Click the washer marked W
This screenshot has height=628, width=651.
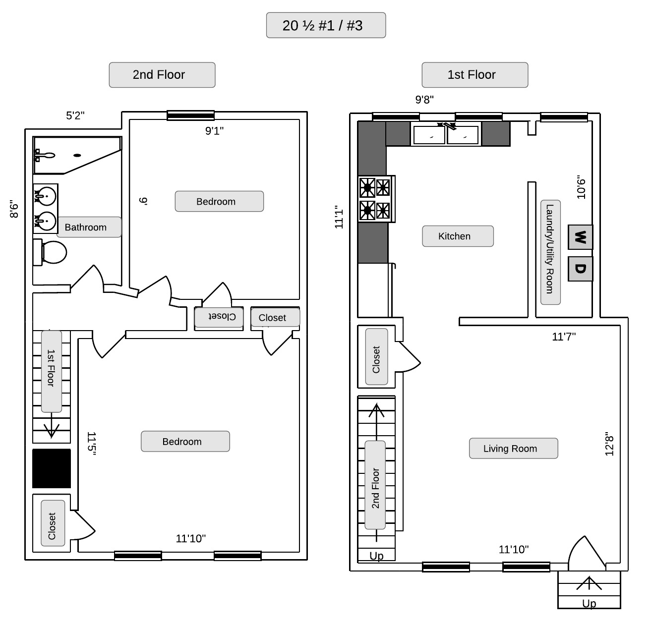[580, 237]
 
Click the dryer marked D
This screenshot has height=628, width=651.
[580, 269]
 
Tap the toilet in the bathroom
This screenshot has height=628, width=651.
[50, 252]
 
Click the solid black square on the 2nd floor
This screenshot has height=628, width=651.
[52, 468]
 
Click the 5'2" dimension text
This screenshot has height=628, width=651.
[75, 115]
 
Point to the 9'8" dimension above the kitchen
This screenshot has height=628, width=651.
[424, 99]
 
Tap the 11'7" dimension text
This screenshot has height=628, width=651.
[564, 337]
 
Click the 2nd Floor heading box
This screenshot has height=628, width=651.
[162, 75]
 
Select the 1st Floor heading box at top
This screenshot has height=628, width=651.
[474, 75]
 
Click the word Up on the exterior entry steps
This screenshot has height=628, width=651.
[589, 603]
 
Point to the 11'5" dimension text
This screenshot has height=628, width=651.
[91, 444]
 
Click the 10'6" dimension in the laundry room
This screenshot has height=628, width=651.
[581, 187]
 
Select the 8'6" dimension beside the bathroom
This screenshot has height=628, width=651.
[14, 209]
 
